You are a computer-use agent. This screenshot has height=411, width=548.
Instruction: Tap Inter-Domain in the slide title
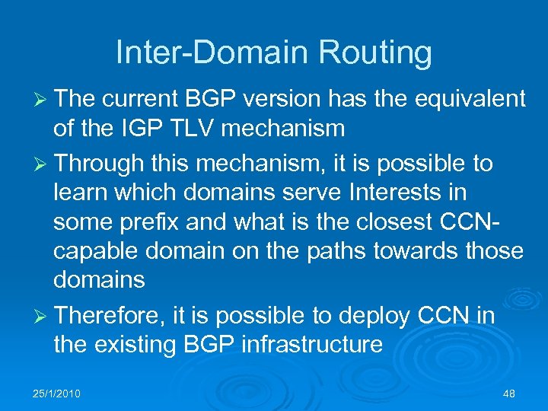[x=201, y=53]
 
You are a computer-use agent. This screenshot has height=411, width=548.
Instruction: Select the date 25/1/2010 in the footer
[x=58, y=393]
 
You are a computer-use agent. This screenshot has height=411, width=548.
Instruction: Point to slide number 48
[x=509, y=393]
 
